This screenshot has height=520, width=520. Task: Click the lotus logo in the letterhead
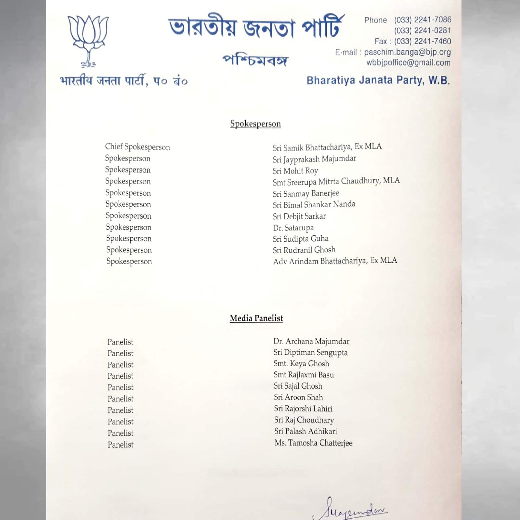88,41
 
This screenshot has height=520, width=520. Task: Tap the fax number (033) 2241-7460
422,41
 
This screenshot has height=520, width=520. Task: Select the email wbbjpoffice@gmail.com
409,63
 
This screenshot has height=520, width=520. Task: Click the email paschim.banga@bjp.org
407,52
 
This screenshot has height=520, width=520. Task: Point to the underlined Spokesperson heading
255,124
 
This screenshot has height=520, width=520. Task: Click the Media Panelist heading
256,318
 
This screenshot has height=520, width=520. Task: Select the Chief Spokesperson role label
137,147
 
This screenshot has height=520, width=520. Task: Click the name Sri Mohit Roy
295,171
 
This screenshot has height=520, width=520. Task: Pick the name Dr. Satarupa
293,227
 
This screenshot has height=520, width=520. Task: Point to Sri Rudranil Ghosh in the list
304,250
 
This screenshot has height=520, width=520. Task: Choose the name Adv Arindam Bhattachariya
335,261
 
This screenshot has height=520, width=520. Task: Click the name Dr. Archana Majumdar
311,341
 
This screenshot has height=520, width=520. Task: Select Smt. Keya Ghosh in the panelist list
301,364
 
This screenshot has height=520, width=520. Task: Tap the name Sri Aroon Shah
298,397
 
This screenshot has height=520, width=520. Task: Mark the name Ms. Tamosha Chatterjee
313,443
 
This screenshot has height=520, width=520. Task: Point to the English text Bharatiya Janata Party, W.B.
378,80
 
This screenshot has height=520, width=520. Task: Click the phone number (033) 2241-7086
422,20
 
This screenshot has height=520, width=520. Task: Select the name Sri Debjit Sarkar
299,216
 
